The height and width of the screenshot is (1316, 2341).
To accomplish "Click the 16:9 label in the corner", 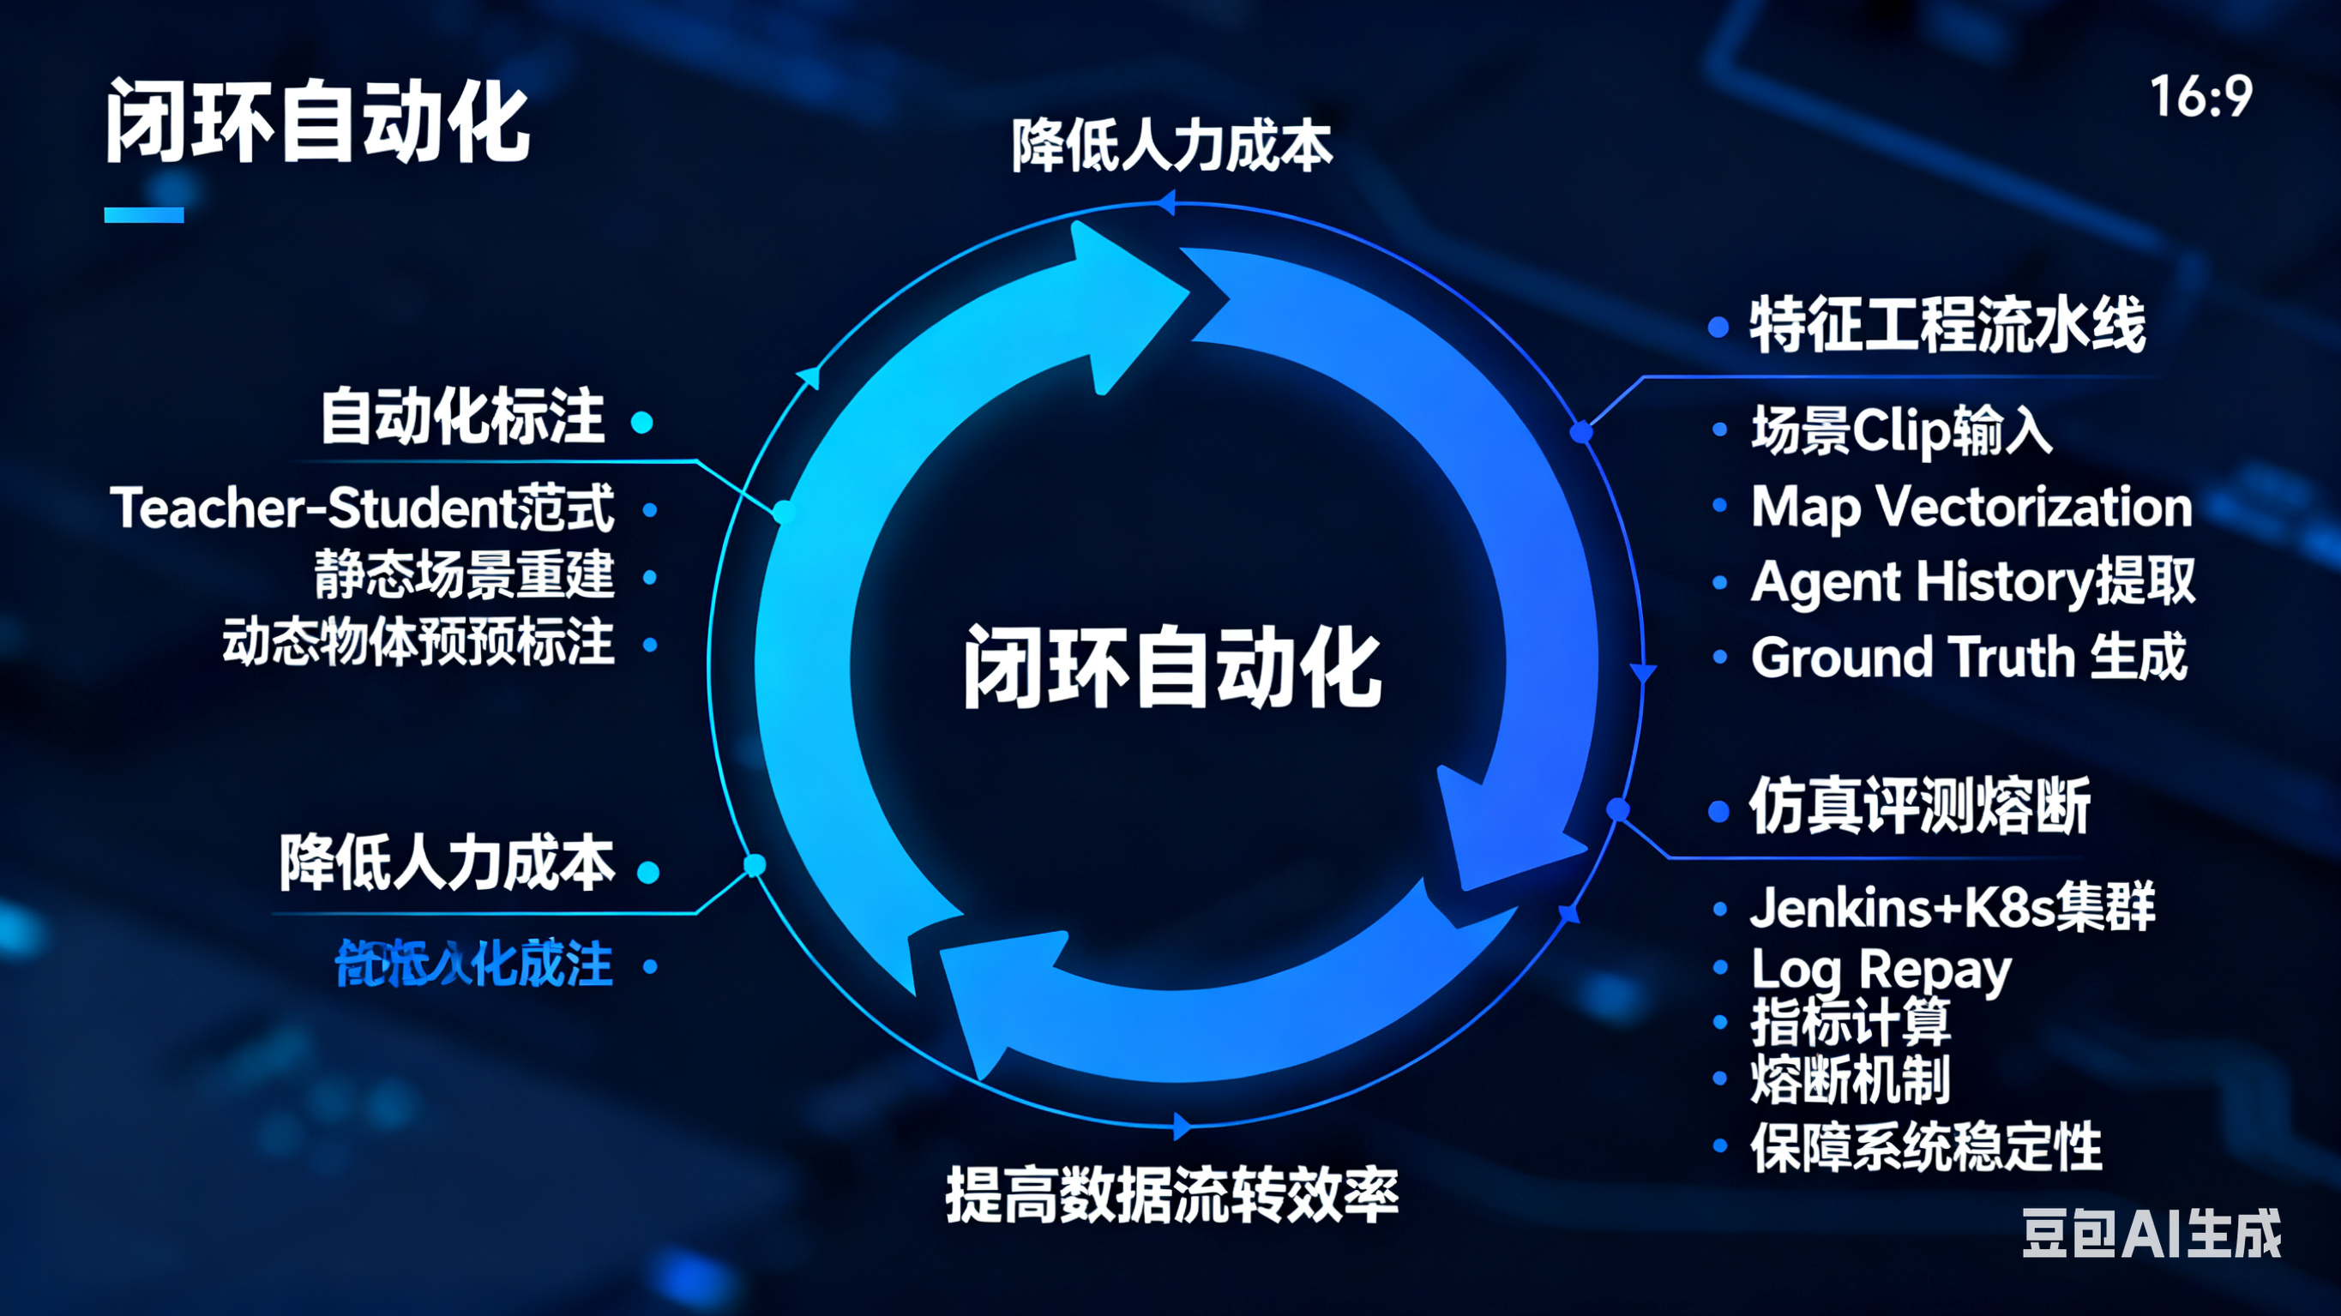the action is pyautogui.click(x=2200, y=96).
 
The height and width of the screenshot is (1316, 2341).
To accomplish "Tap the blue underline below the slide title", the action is pyautogui.click(x=143, y=214).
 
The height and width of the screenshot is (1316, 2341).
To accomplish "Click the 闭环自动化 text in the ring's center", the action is pyautogui.click(x=1172, y=667).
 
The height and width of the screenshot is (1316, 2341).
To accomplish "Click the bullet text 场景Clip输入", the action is pyautogui.click(x=1901, y=430).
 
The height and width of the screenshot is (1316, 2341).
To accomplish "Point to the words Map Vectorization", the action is pyautogui.click(x=1971, y=506).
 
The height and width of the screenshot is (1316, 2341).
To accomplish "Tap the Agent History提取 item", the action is pyautogui.click(x=1972, y=581).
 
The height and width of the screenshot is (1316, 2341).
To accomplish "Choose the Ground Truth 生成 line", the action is pyautogui.click(x=1968, y=657).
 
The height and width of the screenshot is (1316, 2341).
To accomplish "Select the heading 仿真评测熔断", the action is pyautogui.click(x=1919, y=806).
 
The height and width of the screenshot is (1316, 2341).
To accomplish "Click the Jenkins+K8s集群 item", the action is pyautogui.click(x=1952, y=907).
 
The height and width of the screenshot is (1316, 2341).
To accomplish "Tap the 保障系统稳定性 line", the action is pyautogui.click(x=1926, y=1147).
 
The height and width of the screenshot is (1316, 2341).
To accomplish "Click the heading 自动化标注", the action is pyautogui.click(x=461, y=418).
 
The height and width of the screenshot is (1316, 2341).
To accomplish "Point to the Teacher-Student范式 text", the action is pyautogui.click(x=362, y=508).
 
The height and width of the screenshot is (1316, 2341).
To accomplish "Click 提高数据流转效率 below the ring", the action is pyautogui.click(x=1171, y=1195).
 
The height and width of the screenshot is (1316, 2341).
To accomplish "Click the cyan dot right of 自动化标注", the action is pyautogui.click(x=641, y=423).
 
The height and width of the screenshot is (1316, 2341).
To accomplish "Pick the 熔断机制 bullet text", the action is pyautogui.click(x=1851, y=1079).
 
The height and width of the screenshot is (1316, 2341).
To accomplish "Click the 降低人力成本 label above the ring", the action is pyautogui.click(x=1171, y=146).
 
